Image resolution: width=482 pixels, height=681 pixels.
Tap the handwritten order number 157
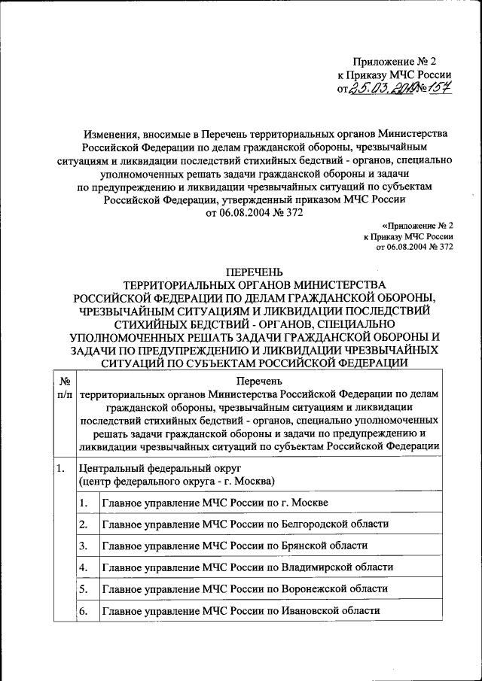pos(435,89)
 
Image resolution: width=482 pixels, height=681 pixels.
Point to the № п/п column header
pos(64,389)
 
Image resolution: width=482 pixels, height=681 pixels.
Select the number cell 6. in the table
pos(84,610)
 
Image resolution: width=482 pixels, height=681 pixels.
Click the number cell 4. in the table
pos(84,567)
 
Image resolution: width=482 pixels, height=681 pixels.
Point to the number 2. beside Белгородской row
pos(84,524)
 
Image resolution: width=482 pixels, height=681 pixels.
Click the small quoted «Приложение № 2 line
pos(417,225)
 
